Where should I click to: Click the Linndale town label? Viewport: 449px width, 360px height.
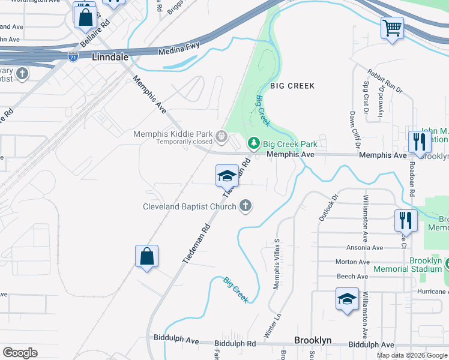pyautogui.click(x=111, y=57)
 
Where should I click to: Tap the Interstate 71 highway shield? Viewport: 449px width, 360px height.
pyautogui.click(x=73, y=57)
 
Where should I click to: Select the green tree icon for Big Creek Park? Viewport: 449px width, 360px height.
pyautogui.click(x=253, y=143)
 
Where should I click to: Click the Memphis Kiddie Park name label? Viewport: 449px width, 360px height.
pyautogui.click(x=173, y=134)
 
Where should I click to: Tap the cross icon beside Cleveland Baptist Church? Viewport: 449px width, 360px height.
pyautogui.click(x=245, y=206)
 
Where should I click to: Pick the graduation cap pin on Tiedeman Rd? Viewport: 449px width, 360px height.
pyautogui.click(x=227, y=175)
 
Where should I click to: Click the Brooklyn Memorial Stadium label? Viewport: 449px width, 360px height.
pyautogui.click(x=425, y=265)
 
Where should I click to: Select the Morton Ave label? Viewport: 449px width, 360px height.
pyautogui.click(x=352, y=262)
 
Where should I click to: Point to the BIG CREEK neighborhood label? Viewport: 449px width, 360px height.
pyautogui.click(x=292, y=86)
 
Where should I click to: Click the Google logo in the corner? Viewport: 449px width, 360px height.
pyautogui.click(x=20, y=353)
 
